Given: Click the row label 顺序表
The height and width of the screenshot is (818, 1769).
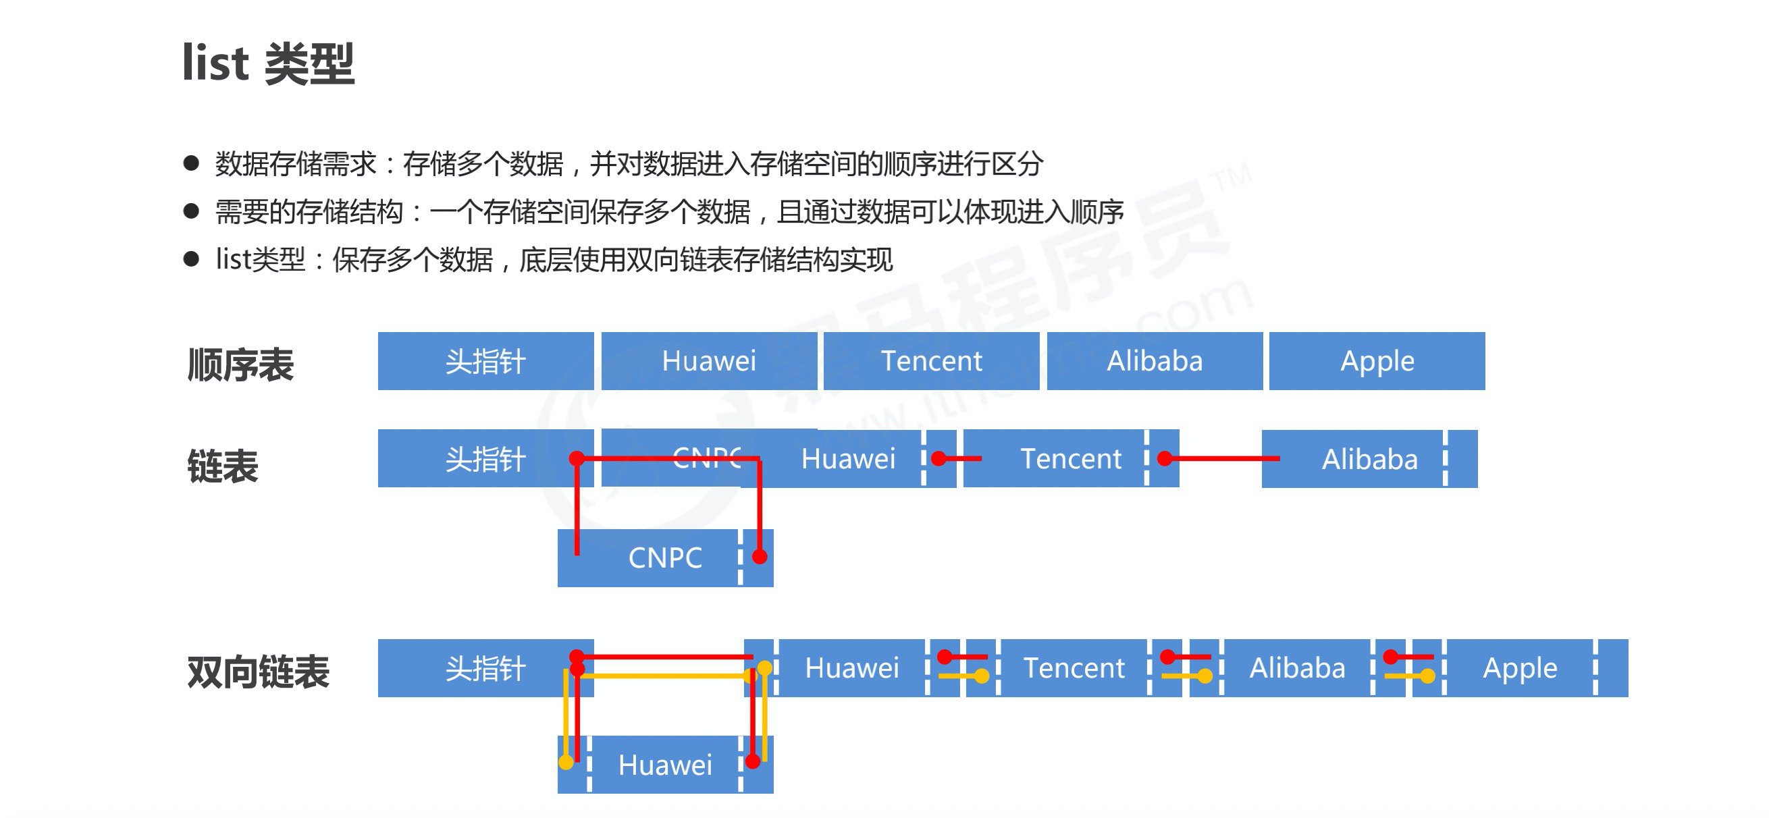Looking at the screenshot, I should [x=240, y=364].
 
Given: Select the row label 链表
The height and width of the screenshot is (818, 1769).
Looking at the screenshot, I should [x=223, y=466].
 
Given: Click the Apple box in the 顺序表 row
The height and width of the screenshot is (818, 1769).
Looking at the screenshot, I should [x=1376, y=361].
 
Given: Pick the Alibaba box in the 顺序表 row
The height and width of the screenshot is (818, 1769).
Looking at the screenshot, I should [x=1154, y=361].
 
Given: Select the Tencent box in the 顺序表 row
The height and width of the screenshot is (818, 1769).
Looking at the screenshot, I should [x=931, y=361].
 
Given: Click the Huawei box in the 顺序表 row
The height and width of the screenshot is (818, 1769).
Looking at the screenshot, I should [x=709, y=361].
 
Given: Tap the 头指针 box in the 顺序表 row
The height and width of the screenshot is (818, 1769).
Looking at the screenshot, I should [x=485, y=361].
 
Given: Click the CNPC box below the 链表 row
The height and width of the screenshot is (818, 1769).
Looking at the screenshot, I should [x=665, y=558].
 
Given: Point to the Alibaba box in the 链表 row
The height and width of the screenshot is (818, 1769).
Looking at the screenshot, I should [x=1369, y=459].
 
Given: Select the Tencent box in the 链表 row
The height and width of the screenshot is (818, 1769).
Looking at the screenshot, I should [x=1071, y=458].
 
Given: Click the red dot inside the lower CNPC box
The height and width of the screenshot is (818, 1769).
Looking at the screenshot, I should [x=759, y=557].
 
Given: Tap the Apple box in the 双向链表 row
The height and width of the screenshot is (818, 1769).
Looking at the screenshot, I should [x=1519, y=668].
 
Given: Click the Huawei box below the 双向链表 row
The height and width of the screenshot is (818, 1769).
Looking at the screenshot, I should [x=665, y=765].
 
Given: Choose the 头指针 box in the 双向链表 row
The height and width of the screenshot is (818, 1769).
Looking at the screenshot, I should [x=485, y=668].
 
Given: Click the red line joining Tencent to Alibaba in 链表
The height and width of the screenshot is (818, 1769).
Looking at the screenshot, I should [x=1222, y=458].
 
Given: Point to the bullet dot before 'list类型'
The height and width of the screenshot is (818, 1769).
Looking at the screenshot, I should [x=191, y=259].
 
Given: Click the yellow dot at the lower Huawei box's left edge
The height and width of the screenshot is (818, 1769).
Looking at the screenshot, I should [x=566, y=763].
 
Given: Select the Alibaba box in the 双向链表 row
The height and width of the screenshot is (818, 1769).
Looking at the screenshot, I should [x=1296, y=668].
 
